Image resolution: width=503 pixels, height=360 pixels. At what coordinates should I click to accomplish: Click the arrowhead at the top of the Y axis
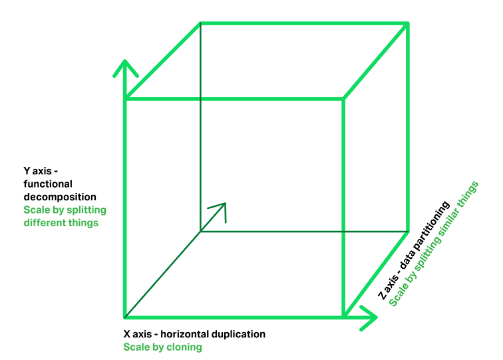[x=125, y=67]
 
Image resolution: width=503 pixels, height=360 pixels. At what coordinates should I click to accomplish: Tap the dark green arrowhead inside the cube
[x=220, y=209]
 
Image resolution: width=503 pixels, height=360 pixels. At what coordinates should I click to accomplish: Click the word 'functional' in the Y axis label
[x=48, y=184]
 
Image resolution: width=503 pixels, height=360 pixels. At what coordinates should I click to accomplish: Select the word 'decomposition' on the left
[x=60, y=197]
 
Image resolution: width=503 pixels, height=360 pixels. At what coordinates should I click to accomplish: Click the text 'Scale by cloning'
[x=162, y=347]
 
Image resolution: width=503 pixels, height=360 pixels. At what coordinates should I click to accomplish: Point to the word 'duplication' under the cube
[x=239, y=334]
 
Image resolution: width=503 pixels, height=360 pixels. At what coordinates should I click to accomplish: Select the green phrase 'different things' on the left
[x=61, y=222]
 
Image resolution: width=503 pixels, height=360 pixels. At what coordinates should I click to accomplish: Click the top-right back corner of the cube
[x=407, y=25]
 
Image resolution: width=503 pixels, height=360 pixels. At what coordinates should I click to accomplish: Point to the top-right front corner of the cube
[x=343, y=100]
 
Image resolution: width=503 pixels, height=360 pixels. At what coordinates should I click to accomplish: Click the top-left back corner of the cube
[x=200, y=25]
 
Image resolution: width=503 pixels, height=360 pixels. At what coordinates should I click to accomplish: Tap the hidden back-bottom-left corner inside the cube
[x=200, y=232]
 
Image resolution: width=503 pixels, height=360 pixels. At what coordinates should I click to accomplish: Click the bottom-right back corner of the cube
[x=407, y=232]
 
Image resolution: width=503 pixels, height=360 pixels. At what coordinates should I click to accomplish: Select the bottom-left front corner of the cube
[x=125, y=317]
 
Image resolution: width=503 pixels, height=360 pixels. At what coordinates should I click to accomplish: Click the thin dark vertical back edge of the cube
[x=200, y=133]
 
